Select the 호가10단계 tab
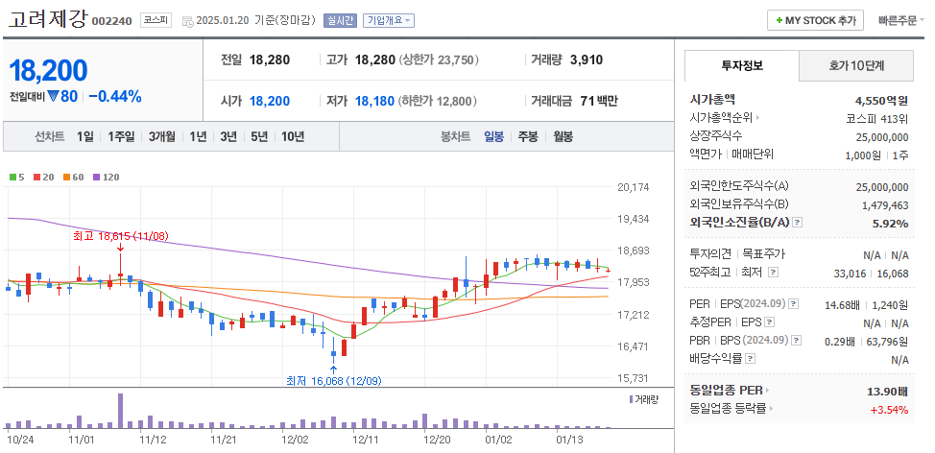(856, 65)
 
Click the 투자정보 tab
(741, 65)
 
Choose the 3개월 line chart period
(162, 136)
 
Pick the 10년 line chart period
(293, 136)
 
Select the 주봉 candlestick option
(527, 136)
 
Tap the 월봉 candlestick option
(563, 136)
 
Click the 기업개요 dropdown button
(389, 20)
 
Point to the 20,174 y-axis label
(634, 187)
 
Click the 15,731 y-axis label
(634, 378)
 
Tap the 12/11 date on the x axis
(365, 439)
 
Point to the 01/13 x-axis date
(570, 439)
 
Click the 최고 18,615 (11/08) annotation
(121, 235)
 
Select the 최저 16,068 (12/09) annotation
(333, 381)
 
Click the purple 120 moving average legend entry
(106, 177)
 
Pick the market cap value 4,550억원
(881, 99)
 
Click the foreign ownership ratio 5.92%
(889, 223)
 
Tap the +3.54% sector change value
(889, 409)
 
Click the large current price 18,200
(48, 70)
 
